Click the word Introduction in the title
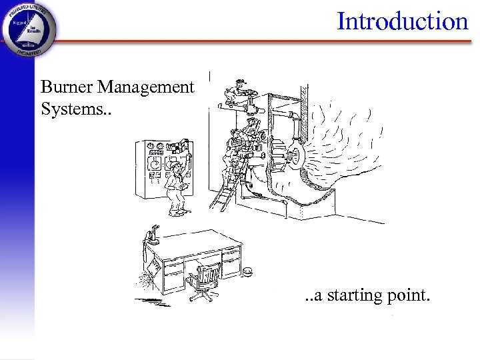[x=403, y=21]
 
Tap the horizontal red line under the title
[x=267, y=41]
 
